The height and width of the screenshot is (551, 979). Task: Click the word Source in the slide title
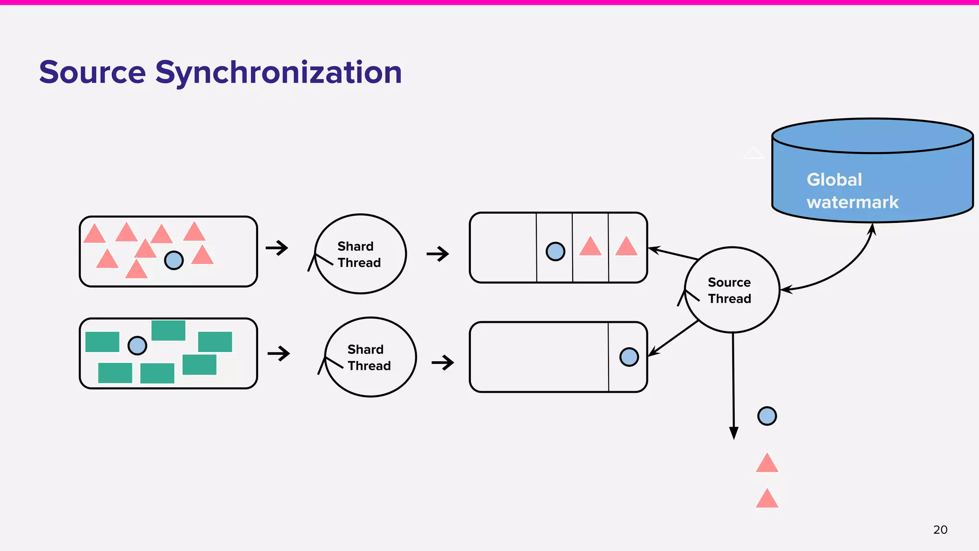click(92, 73)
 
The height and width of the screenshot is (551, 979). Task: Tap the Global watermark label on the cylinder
click(852, 191)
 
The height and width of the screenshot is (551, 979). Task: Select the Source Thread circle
click(732, 290)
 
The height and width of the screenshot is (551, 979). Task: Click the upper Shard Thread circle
click(360, 253)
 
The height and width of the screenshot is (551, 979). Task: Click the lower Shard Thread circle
click(370, 357)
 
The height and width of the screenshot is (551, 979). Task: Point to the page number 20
click(940, 529)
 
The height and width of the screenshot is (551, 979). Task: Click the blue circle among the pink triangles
click(174, 260)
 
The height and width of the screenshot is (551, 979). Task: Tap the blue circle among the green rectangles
click(137, 345)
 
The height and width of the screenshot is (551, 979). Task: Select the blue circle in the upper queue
click(555, 251)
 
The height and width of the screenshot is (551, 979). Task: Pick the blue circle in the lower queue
click(629, 357)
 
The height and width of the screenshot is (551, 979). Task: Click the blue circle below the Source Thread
click(767, 416)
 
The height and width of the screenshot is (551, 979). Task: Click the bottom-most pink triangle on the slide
click(767, 499)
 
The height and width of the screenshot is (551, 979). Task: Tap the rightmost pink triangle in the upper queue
click(626, 247)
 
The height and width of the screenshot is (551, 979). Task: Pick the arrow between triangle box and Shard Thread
click(277, 248)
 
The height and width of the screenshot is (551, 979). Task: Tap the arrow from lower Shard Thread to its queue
click(442, 363)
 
